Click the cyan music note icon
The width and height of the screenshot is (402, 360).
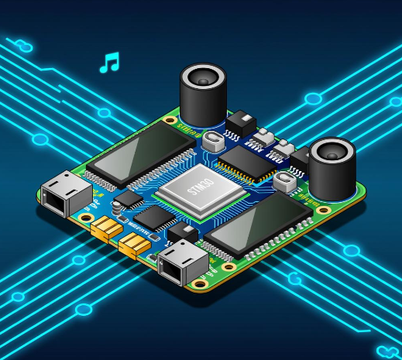(110, 63)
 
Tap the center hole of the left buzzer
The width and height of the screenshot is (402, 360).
(203, 78)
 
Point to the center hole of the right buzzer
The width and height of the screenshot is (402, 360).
(332, 153)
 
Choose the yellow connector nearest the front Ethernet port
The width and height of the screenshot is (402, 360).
(134, 246)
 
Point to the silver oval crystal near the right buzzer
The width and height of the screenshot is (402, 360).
(285, 182)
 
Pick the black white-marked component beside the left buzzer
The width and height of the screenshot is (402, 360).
(241, 122)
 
